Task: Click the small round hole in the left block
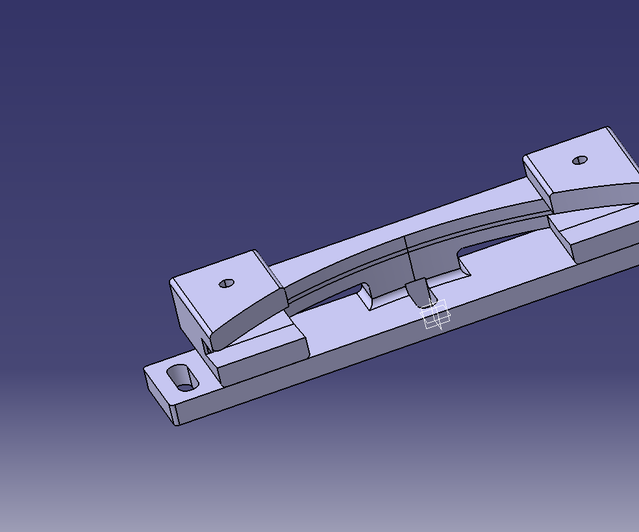point(226,284)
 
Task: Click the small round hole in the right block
point(580,160)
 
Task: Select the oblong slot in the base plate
point(184,378)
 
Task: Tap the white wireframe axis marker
point(436,315)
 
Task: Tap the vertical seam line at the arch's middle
point(406,256)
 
